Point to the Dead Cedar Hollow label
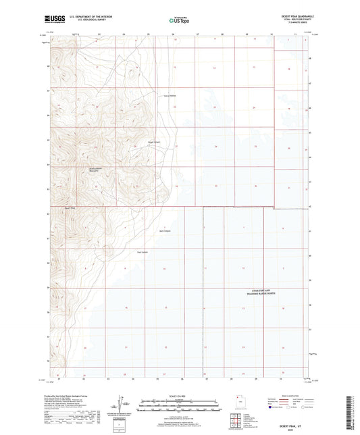pyautogui.click(x=171, y=95)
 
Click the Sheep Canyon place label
pyautogui.click(x=154, y=142)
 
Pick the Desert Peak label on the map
pyautogui.click(x=70, y=207)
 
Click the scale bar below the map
pyautogui.click(x=179, y=406)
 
